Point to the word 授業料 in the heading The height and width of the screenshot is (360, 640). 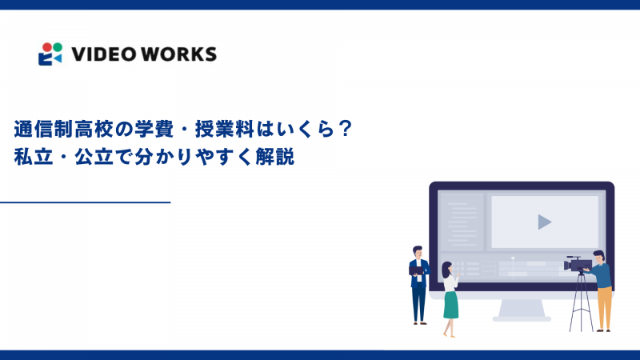(x=216, y=128)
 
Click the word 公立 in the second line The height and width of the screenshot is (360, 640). (x=109, y=156)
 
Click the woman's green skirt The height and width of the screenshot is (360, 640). (x=451, y=304)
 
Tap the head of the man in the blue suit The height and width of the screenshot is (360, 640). (x=417, y=251)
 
